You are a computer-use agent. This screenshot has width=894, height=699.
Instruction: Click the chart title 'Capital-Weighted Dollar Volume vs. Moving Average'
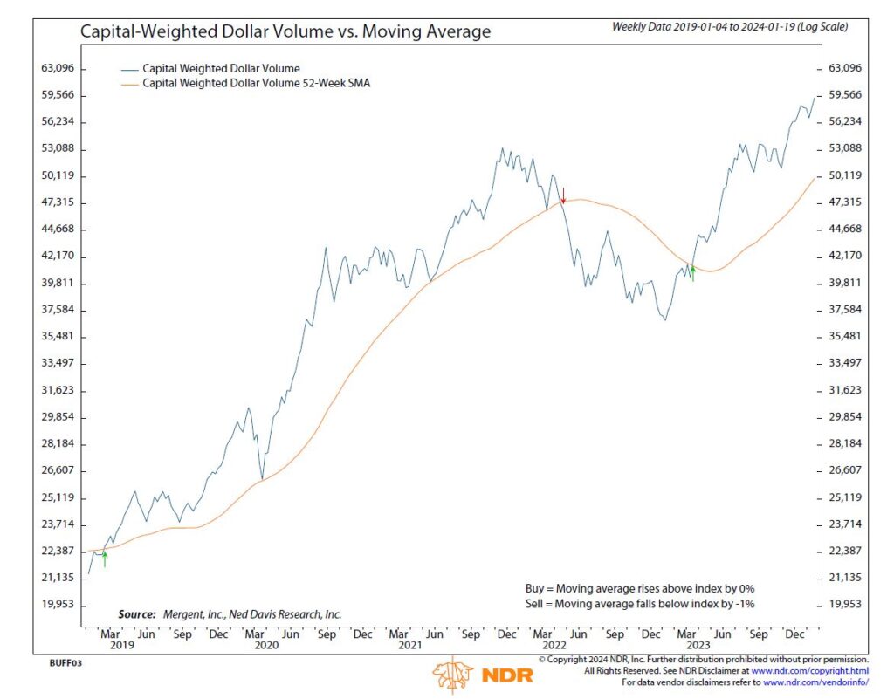(285, 31)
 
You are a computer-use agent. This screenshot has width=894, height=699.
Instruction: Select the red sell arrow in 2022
(563, 195)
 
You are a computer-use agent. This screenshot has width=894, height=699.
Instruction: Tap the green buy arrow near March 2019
(104, 559)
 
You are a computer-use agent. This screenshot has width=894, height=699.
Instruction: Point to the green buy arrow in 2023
(692, 272)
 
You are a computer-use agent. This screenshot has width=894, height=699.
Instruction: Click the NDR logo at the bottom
(471, 675)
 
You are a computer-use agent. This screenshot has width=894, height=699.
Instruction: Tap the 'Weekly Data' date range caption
(729, 27)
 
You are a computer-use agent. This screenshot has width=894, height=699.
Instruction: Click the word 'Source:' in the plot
(136, 614)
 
